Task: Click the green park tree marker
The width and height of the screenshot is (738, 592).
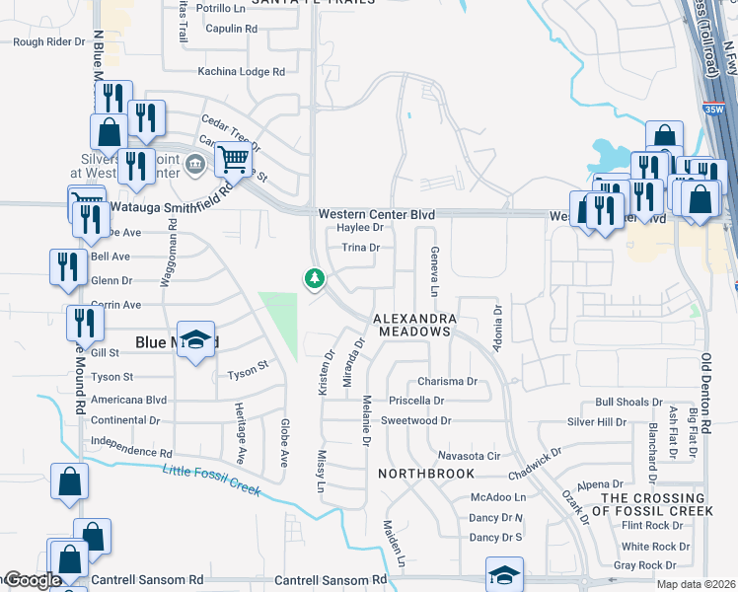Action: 315,279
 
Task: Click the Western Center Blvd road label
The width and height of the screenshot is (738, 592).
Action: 376,214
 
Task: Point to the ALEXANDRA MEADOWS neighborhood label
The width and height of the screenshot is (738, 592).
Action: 414,326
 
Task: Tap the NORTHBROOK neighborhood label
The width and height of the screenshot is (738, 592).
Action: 426,474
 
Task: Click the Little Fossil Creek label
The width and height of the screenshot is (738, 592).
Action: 211,480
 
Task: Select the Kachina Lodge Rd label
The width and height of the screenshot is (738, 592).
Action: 241,72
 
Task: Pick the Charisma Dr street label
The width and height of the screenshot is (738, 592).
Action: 447,381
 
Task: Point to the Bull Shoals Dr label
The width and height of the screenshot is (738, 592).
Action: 628,403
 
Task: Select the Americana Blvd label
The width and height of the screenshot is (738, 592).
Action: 128,400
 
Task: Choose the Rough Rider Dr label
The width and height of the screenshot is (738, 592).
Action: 49,42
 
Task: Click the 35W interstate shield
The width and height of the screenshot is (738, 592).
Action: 724,109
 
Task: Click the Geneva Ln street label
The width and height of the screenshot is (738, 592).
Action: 433,271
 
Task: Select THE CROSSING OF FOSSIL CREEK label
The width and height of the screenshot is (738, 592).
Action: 657,504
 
